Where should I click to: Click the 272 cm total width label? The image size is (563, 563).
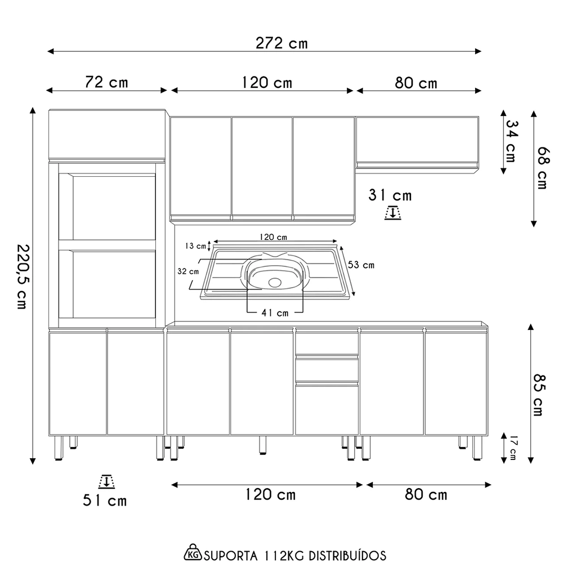(x=281, y=43)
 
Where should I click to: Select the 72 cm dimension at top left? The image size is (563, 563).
(x=106, y=82)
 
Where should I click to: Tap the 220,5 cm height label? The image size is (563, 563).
(x=22, y=276)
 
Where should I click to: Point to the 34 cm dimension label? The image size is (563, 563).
(x=511, y=141)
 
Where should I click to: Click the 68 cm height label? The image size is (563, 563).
(x=542, y=168)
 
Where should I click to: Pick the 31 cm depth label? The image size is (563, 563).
(x=390, y=195)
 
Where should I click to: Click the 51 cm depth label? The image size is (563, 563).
(x=105, y=500)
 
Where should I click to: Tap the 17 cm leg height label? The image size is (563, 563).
(x=512, y=448)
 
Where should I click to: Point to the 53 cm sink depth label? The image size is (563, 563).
(x=361, y=265)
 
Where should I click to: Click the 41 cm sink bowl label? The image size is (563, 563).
(x=275, y=312)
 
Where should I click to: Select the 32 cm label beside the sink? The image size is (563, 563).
(x=188, y=271)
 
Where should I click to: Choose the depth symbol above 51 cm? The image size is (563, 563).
(x=105, y=481)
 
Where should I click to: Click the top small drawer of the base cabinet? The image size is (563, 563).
(x=327, y=343)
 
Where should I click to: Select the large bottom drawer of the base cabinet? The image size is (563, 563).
(x=327, y=410)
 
